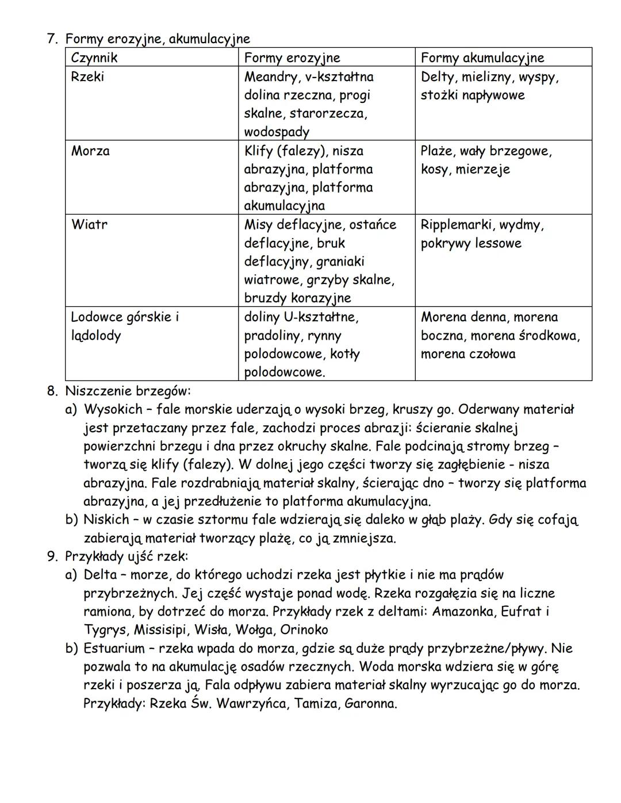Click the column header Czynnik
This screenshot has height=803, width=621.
pos(94,57)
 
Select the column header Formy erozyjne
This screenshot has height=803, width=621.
pos(292,57)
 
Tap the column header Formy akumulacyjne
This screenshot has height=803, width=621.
pos(482,57)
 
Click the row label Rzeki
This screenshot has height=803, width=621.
pos(87,76)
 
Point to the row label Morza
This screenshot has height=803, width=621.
pos(90,151)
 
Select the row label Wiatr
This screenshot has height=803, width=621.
pos(89,224)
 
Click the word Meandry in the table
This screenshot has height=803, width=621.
pos(269,76)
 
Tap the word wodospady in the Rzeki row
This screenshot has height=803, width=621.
pos(277,132)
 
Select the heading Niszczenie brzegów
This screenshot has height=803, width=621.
pos(127,391)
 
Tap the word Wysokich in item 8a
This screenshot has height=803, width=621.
pos(113,409)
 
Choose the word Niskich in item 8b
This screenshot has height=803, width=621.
pos(106,520)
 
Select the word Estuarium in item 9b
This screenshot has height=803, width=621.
pos(114,648)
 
